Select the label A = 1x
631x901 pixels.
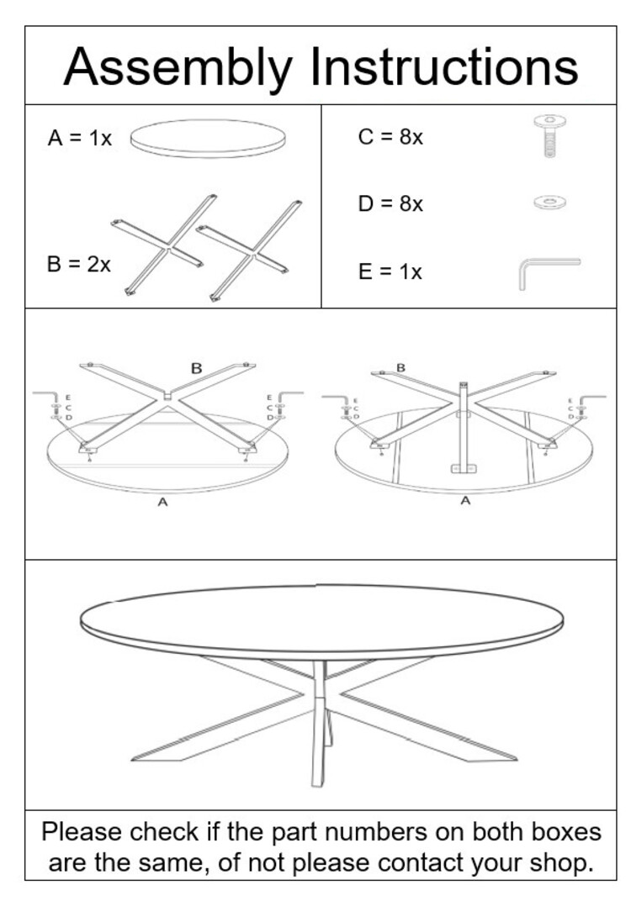pyautogui.click(x=79, y=139)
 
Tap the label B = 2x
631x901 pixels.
pyautogui.click(x=78, y=264)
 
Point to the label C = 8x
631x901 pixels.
pyautogui.click(x=390, y=137)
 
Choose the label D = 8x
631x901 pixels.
pyautogui.click(x=390, y=204)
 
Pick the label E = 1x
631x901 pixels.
pyautogui.click(x=390, y=272)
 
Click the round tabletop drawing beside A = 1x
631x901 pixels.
pyautogui.click(x=209, y=138)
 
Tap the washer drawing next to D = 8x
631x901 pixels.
pyautogui.click(x=549, y=202)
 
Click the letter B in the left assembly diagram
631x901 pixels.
pyautogui.click(x=196, y=368)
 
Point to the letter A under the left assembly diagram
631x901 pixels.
pyautogui.click(x=163, y=502)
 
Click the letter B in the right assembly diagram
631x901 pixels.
pyautogui.click(x=400, y=367)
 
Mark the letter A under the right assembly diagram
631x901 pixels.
pyautogui.click(x=465, y=501)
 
